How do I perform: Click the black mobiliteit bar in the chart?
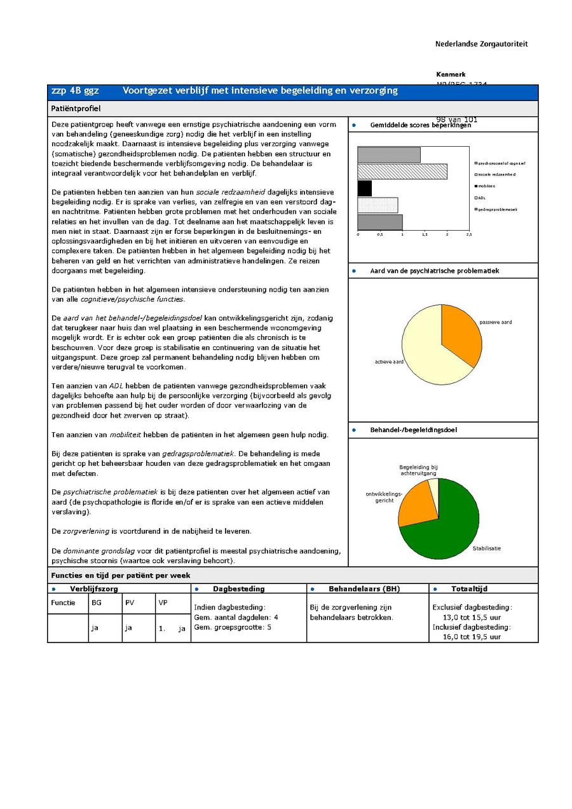point(365,188)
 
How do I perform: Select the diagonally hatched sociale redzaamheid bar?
point(402,172)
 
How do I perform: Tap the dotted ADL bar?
point(378,205)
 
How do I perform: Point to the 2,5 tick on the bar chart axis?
point(468,235)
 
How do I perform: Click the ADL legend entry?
point(481,198)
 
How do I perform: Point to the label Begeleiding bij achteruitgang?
point(418,470)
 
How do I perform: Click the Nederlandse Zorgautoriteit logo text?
point(481,44)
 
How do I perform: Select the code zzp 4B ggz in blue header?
point(75,91)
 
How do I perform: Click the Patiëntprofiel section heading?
point(76,109)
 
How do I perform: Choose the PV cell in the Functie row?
point(130,602)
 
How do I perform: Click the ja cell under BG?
point(95,628)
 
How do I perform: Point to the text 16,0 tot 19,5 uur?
point(472,637)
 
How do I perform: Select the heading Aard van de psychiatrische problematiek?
point(434,271)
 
